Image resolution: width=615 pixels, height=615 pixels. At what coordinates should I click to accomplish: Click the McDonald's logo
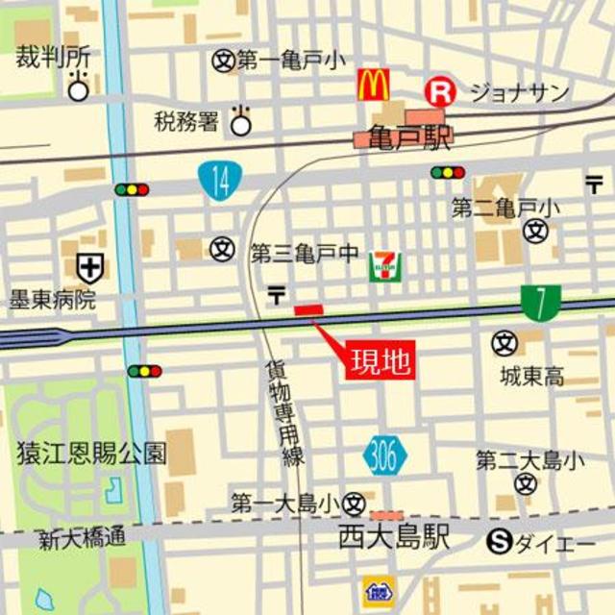point(373,85)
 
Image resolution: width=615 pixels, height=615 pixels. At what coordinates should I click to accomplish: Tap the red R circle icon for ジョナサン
point(440,92)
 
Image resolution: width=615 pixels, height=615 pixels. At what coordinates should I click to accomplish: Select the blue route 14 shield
point(220,180)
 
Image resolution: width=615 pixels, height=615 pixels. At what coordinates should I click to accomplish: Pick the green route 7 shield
point(542,303)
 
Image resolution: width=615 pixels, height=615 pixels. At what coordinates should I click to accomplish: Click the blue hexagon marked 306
point(385,457)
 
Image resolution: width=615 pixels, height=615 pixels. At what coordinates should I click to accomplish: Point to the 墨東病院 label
point(53,300)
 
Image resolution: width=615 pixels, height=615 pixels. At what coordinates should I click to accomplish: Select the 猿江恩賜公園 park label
point(91,453)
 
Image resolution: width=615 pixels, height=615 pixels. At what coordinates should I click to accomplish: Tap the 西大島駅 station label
point(394,538)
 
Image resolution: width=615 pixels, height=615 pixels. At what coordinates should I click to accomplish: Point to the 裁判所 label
point(53,57)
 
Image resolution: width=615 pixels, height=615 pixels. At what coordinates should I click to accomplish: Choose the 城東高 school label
point(531,377)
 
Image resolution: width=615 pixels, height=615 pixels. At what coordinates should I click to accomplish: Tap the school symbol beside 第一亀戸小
point(223,61)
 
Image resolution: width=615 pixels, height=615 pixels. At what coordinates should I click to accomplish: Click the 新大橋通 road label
point(82,539)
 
